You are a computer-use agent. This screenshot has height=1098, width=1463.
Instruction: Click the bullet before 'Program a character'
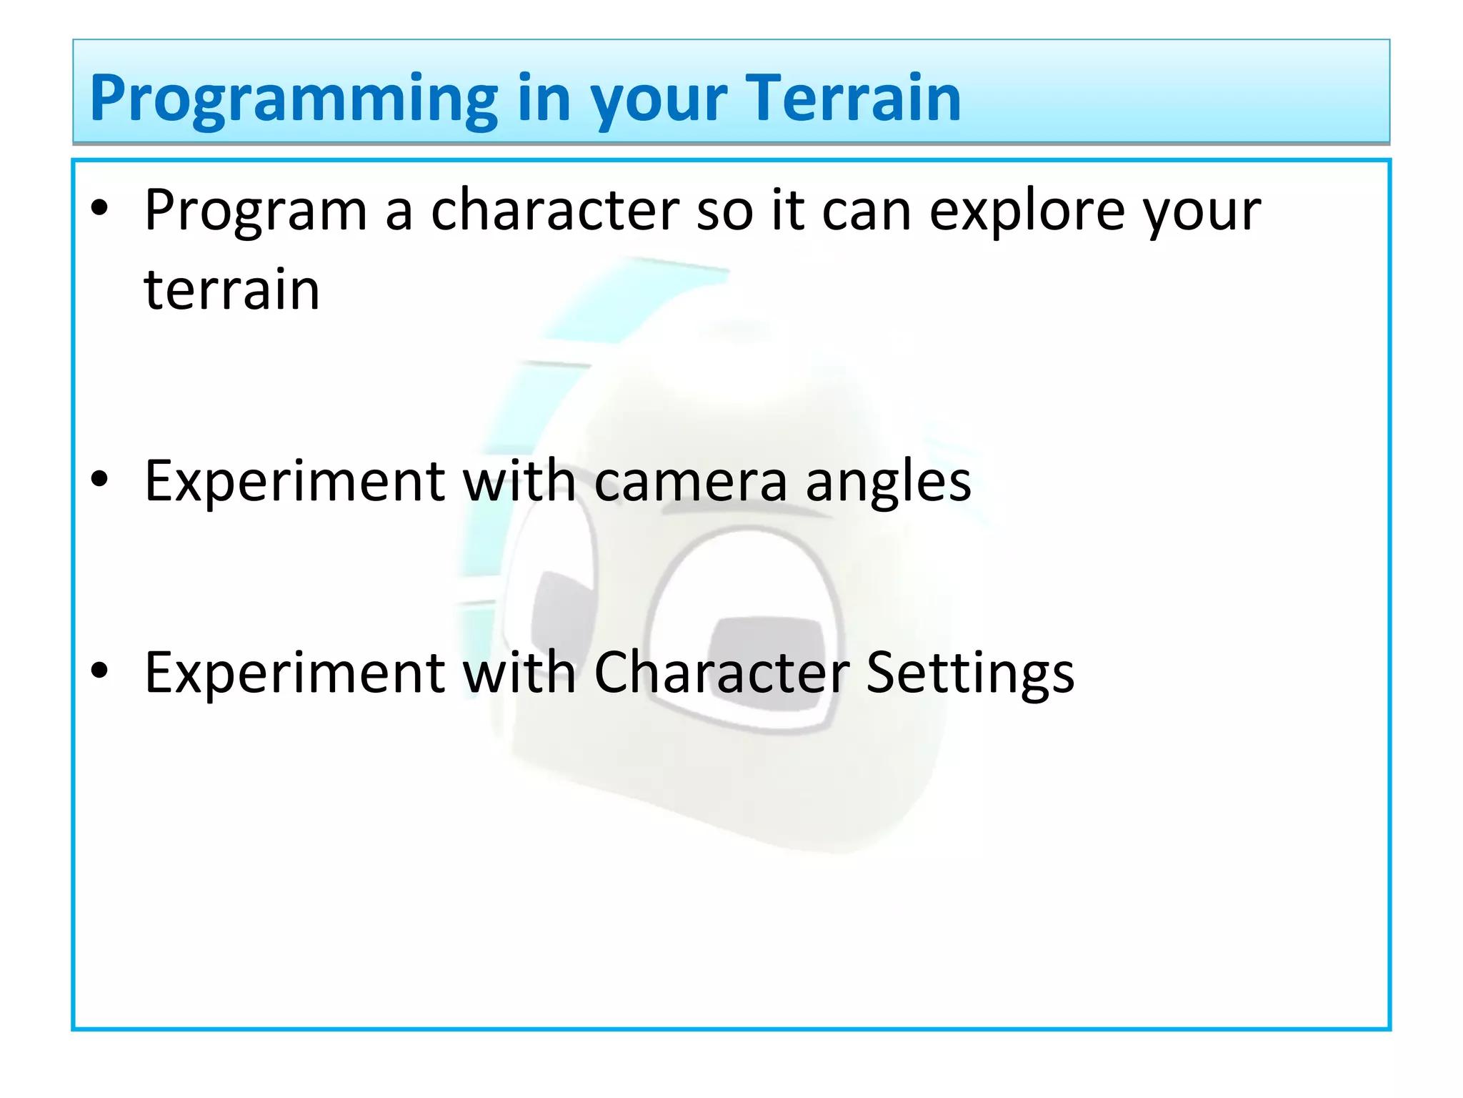[x=99, y=209]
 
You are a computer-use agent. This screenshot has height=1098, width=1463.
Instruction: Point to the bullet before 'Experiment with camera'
[x=99, y=480]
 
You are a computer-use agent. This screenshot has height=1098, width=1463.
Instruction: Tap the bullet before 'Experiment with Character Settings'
[x=99, y=671]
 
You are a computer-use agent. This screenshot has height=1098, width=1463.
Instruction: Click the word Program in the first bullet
[x=255, y=212]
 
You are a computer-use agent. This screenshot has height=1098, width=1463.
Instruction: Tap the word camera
[x=690, y=482]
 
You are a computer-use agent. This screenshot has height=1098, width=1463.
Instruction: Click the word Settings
[x=969, y=674]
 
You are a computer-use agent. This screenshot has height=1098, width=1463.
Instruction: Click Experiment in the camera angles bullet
[x=295, y=482]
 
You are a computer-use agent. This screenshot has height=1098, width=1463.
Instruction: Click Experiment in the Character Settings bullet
[x=295, y=673]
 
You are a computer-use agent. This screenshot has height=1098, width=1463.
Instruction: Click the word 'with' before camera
[x=519, y=480]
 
